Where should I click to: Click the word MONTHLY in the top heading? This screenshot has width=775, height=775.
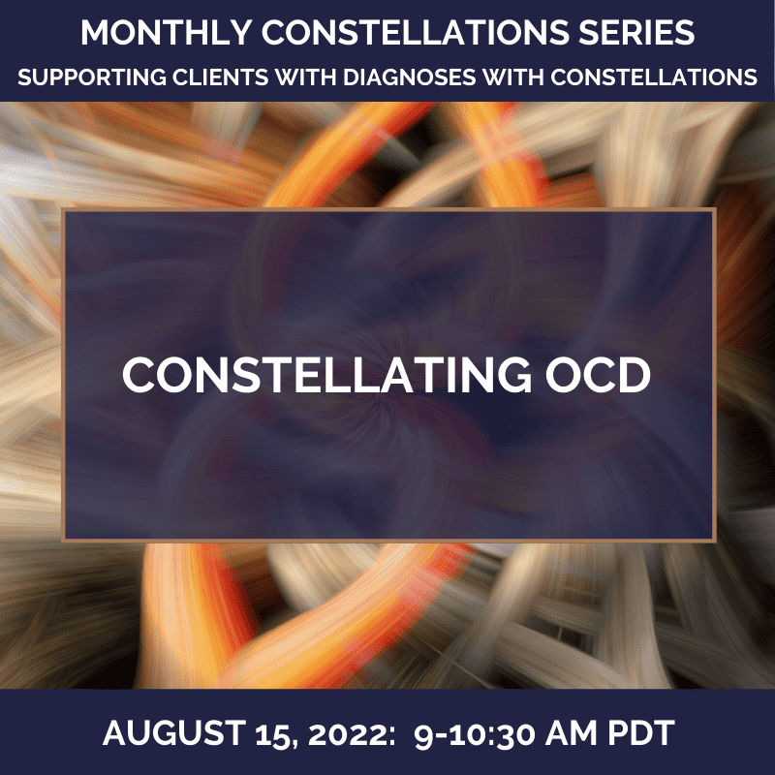167,33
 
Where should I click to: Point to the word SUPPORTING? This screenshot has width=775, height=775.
92,77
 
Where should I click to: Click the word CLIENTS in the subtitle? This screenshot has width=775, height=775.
221,77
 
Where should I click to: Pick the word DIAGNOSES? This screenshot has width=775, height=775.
409,77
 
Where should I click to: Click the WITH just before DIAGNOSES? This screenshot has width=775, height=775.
305,77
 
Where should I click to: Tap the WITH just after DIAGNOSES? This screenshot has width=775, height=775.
513,77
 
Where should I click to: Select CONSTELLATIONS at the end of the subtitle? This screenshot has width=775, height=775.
654,77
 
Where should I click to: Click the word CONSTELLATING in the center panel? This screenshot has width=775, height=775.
326,375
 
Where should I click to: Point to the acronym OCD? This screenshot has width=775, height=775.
598,375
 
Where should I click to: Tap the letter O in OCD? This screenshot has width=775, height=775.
564,375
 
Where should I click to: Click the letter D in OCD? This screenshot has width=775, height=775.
635,375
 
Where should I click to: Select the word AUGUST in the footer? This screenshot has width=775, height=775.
174,732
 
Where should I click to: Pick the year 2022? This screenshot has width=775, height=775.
346,733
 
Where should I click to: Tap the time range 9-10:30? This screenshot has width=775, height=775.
475,733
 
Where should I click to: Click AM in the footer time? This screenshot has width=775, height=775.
572,732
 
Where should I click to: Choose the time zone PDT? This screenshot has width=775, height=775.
641,732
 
